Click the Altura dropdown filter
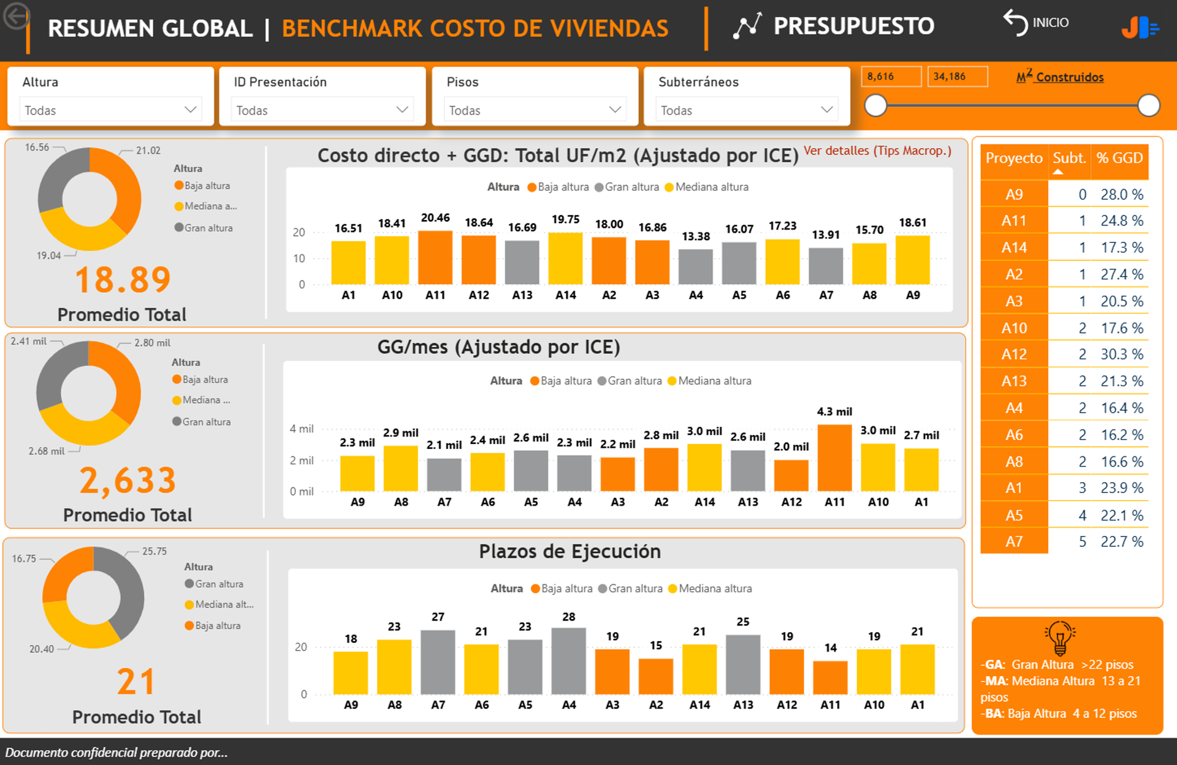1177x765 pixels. click(110, 110)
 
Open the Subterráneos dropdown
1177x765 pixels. click(746, 110)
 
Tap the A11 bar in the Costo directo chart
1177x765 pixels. click(435, 258)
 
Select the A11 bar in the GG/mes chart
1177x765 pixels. click(834, 458)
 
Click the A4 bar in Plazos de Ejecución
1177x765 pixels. click(568, 661)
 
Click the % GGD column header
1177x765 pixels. click(1119, 159)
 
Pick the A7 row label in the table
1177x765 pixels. click(1014, 542)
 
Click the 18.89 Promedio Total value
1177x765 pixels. click(123, 281)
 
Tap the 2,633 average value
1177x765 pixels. click(128, 481)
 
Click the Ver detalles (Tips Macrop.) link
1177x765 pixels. click(877, 151)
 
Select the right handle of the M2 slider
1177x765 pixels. click(1148, 105)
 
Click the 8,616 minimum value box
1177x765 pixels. click(891, 77)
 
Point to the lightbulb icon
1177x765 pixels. click(1060, 638)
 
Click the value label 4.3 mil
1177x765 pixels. click(834, 412)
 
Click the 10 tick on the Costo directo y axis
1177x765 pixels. click(299, 258)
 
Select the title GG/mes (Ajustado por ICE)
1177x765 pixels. click(498, 347)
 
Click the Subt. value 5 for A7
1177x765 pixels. click(1083, 542)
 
